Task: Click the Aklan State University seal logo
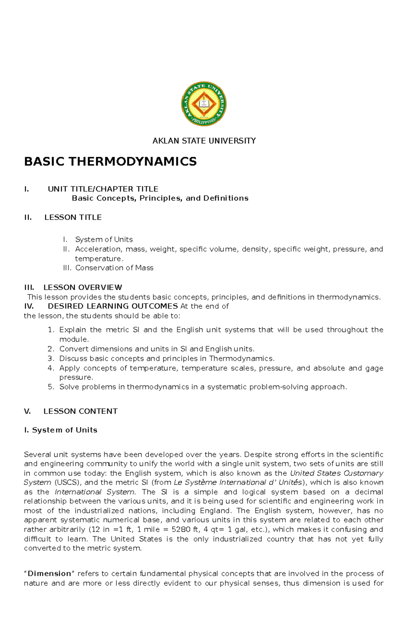[204, 103]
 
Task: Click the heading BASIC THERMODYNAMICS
[110, 161]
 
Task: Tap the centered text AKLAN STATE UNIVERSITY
[204, 141]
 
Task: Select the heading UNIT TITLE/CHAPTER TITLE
[103, 189]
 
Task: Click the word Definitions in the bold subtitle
[226, 198]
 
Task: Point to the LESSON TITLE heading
[73, 217]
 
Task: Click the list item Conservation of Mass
[114, 268]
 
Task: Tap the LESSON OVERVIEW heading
[83, 287]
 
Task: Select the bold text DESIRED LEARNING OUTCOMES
[113, 306]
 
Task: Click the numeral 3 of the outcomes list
[50, 358]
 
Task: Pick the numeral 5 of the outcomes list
[50, 387]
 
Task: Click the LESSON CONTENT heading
[80, 411]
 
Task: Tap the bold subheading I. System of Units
[61, 430]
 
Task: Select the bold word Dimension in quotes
[49, 574]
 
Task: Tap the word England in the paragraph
[215, 511]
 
